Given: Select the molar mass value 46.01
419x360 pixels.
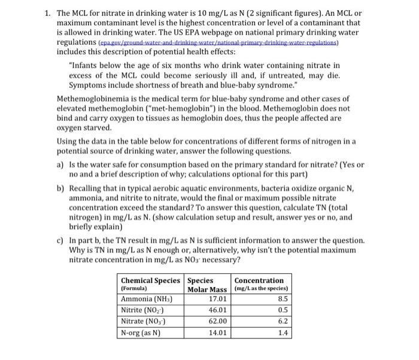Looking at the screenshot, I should tap(217, 310).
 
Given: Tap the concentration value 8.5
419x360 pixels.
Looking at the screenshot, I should tap(283, 299).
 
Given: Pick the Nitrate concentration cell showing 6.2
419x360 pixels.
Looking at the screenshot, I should tap(283, 321).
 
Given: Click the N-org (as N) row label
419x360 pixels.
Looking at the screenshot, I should tap(141, 332).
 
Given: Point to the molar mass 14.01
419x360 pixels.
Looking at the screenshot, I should tap(217, 332).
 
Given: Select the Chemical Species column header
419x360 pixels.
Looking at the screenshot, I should tap(150, 280).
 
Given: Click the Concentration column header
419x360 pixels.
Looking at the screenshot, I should tap(259, 280).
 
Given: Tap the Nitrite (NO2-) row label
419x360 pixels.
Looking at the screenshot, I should tap(141, 310).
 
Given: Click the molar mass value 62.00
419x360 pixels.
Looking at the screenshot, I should tap(217, 321).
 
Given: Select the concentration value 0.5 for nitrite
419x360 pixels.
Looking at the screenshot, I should tap(283, 310).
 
